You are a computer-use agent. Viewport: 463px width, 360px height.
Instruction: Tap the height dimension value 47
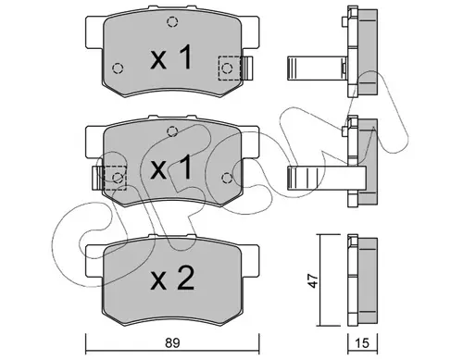(314, 280)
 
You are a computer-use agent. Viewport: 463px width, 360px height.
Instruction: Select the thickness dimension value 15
(363, 343)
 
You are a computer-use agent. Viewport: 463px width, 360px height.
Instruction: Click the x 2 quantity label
(172, 278)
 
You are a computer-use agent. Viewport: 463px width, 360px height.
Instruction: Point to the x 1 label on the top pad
(171, 57)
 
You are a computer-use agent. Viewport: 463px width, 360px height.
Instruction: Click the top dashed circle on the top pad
(172, 22)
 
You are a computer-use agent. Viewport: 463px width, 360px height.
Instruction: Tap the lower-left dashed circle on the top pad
(118, 68)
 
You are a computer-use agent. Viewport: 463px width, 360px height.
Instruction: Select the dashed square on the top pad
(230, 68)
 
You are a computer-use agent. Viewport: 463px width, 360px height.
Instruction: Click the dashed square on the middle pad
(116, 178)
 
